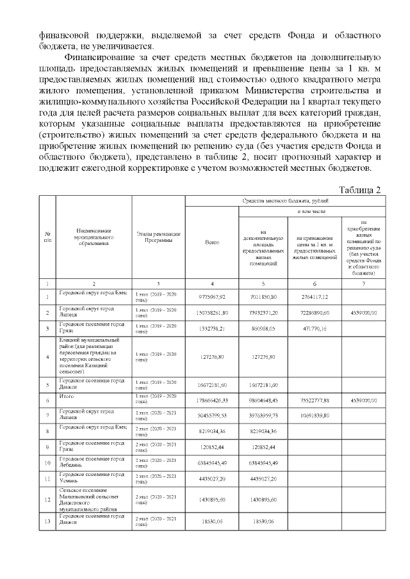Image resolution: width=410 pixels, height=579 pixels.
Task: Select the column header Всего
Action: pos(211,242)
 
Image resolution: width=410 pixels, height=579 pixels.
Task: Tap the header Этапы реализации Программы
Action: pos(158,237)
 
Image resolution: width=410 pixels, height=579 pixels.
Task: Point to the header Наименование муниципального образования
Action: pos(94,237)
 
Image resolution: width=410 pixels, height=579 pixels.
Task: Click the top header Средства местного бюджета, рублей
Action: pos(284,201)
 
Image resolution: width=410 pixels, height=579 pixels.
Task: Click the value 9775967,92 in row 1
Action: pos(211,296)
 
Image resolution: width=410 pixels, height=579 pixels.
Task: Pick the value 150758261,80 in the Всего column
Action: pos(211,313)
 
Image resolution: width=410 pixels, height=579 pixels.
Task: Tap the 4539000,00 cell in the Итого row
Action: pos(364,400)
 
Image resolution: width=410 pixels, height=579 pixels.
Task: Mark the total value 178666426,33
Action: pos(211,400)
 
